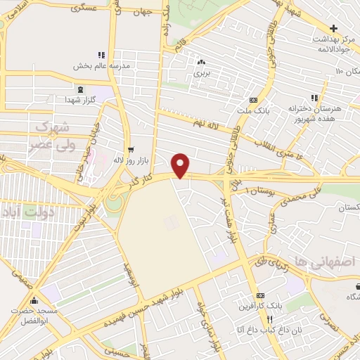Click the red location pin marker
tap(181, 165)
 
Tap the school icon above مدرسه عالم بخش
tap(102, 54)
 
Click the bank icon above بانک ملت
tap(253, 99)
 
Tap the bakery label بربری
tap(202, 72)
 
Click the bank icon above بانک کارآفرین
tap(261, 296)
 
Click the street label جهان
tap(146, 13)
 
